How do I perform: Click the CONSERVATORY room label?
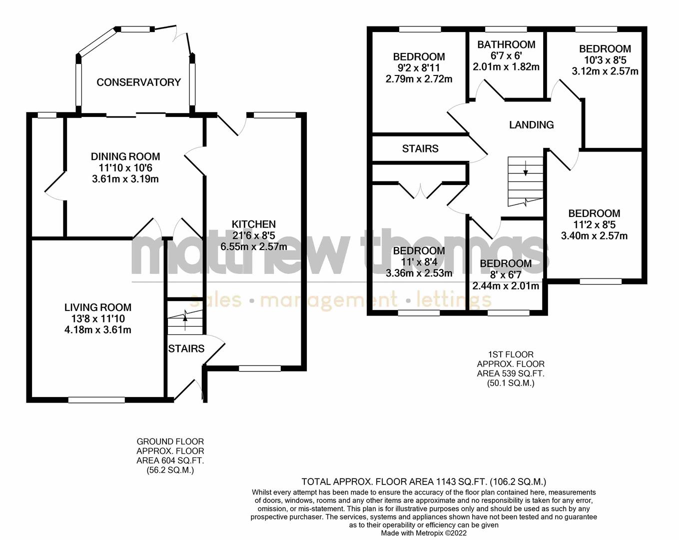coord(138,82)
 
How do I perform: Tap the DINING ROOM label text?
coord(125,156)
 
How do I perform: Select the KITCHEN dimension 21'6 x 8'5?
coord(254,235)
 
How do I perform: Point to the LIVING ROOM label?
coord(98,307)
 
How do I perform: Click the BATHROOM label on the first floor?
coord(506,44)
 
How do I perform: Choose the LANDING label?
coord(531,125)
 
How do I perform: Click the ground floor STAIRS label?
coord(186,348)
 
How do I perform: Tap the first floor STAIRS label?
coord(420,148)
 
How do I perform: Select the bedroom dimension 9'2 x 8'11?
coord(419,68)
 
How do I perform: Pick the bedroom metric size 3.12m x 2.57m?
coord(605,71)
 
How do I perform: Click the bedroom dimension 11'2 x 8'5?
coord(594,224)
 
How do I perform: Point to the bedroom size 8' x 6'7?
coord(506,275)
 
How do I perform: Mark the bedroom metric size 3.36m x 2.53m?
coord(419,273)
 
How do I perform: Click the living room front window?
coord(96,399)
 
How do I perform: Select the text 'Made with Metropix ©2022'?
coord(424,533)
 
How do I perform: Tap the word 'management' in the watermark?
coord(329,300)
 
